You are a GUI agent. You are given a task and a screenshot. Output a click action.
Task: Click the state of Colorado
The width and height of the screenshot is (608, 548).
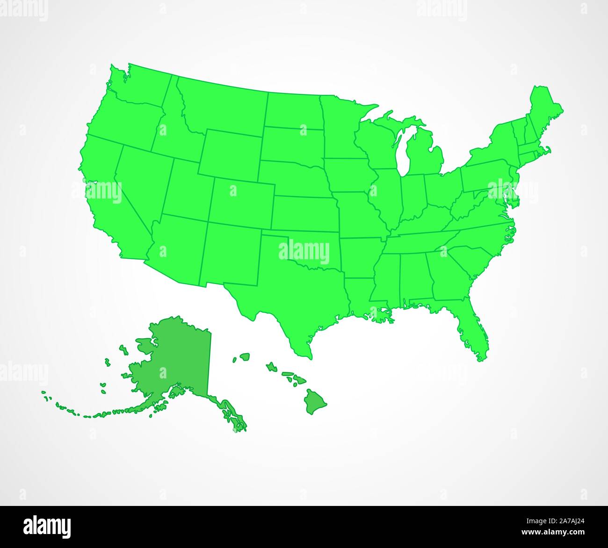pos(241,201)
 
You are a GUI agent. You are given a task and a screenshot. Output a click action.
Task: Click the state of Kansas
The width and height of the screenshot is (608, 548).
pos(304,213)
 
